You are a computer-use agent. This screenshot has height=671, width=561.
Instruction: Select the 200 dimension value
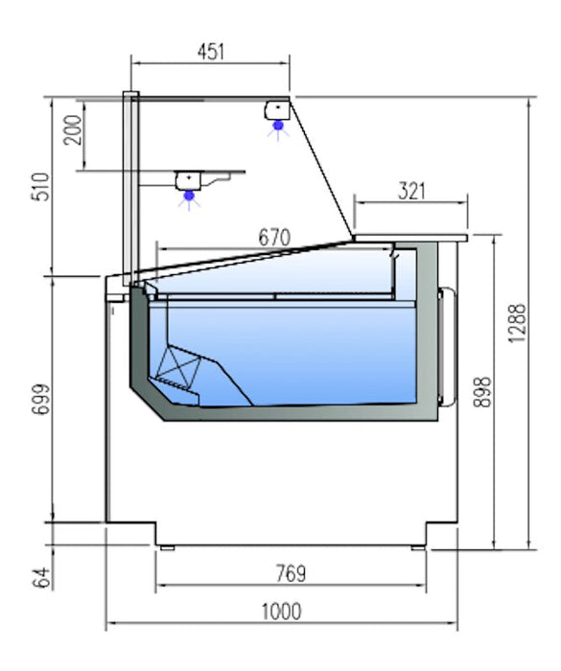[73, 135]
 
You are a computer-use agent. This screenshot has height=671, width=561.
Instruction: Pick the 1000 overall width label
[280, 611]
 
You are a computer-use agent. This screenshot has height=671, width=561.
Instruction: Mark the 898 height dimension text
[482, 392]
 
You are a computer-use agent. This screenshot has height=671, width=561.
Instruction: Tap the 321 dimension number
[410, 191]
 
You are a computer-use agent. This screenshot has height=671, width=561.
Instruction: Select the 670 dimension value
[275, 236]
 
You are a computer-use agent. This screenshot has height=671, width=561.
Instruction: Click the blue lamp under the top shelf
[278, 125]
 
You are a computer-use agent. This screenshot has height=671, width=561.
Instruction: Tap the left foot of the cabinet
[167, 546]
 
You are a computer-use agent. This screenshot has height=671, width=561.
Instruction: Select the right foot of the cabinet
[417, 546]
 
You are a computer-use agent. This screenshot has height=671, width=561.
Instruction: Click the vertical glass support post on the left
[131, 182]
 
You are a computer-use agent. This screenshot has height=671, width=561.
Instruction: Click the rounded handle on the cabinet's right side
[444, 345]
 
